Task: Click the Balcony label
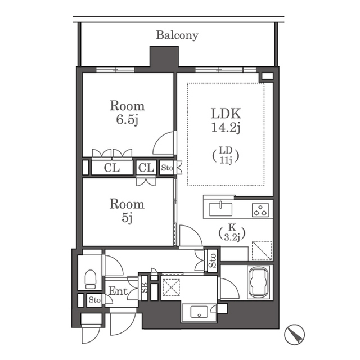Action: (177, 35)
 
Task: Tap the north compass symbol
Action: (294, 335)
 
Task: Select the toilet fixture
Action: (91, 279)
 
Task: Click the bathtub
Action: (260, 282)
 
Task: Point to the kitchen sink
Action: (220, 209)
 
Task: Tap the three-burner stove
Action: (260, 210)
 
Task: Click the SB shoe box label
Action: (145, 287)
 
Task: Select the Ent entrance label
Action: (118, 291)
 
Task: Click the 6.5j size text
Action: (127, 120)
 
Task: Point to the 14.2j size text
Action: (226, 128)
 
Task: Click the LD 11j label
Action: (226, 155)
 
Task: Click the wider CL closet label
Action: (112, 168)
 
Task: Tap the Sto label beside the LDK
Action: (166, 168)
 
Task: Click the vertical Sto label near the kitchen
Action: (213, 260)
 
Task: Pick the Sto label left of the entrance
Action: (94, 300)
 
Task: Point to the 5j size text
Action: (127, 218)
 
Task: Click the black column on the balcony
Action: (164, 56)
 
